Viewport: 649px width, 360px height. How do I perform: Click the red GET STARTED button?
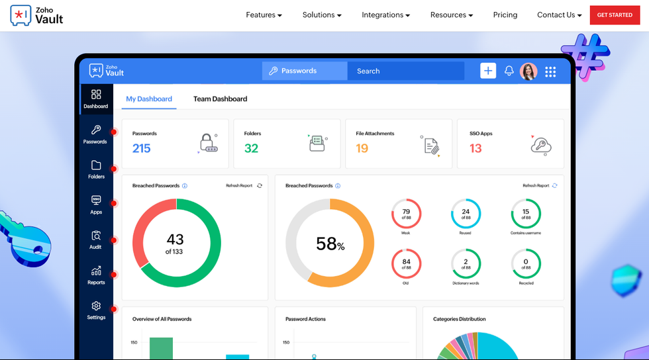615,15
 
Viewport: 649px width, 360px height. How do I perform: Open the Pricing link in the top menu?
505,15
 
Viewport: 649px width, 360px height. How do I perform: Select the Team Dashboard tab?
220,99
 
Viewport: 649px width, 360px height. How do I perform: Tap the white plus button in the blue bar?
488,71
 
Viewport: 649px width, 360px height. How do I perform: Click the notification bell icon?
509,71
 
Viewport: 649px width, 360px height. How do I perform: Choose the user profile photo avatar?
528,71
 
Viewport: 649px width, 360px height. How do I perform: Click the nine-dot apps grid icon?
550,71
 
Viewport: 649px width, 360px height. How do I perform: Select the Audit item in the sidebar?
96,240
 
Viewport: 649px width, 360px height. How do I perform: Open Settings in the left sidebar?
96,310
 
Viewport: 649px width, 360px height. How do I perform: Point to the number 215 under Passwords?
142,148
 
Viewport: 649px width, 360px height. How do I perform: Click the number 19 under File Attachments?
362,148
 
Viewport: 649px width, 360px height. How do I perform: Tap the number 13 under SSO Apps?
475,148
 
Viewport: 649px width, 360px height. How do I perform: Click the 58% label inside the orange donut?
330,244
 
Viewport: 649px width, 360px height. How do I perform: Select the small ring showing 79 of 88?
406,214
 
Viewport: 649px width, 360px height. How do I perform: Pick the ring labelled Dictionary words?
466,263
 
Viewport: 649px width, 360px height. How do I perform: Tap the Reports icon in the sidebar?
96,274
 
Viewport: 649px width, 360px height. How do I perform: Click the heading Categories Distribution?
460,319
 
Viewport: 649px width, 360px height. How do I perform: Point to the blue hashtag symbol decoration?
585,57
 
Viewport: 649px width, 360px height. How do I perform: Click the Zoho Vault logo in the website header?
37,15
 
